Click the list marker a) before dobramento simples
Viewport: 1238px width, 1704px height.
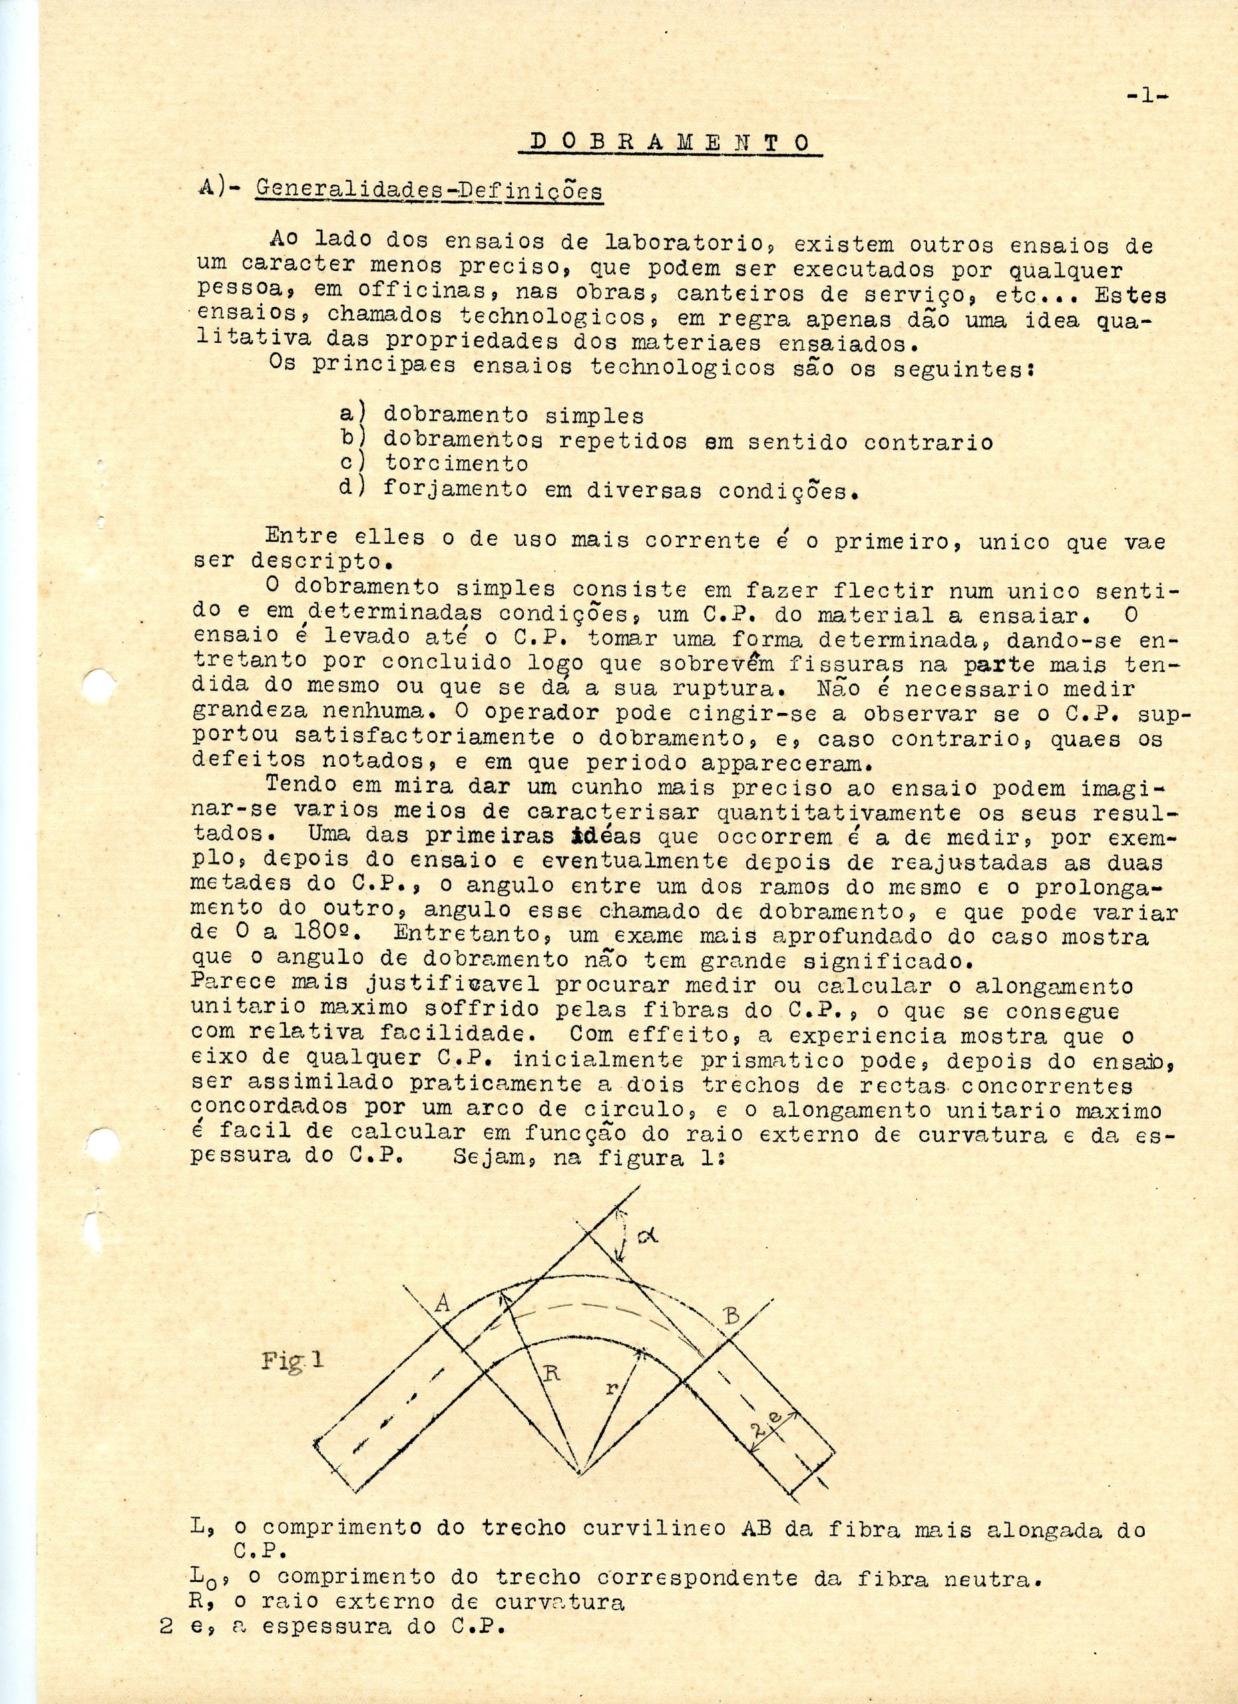351,414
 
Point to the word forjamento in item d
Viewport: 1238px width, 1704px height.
455,489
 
